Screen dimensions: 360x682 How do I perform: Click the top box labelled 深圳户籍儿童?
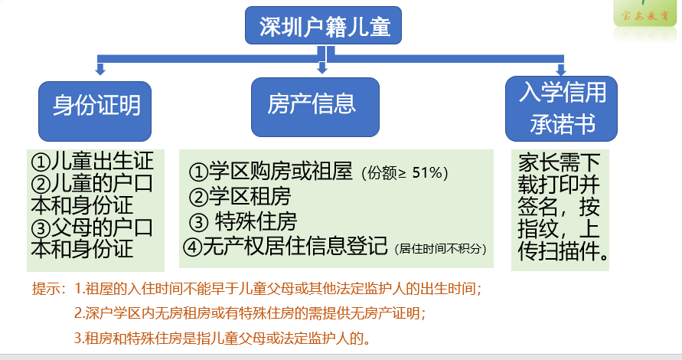click(325, 28)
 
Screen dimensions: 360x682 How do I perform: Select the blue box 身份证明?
click(96, 106)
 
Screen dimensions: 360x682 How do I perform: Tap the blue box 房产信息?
click(315, 106)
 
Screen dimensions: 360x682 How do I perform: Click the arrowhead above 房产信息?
click(322, 69)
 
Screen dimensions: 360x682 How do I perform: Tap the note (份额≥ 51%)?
click(403, 173)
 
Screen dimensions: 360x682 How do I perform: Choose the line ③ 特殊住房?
click(243, 222)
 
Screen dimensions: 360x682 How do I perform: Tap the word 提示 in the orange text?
click(47, 290)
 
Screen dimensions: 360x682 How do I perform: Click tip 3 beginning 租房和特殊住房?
click(227, 337)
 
